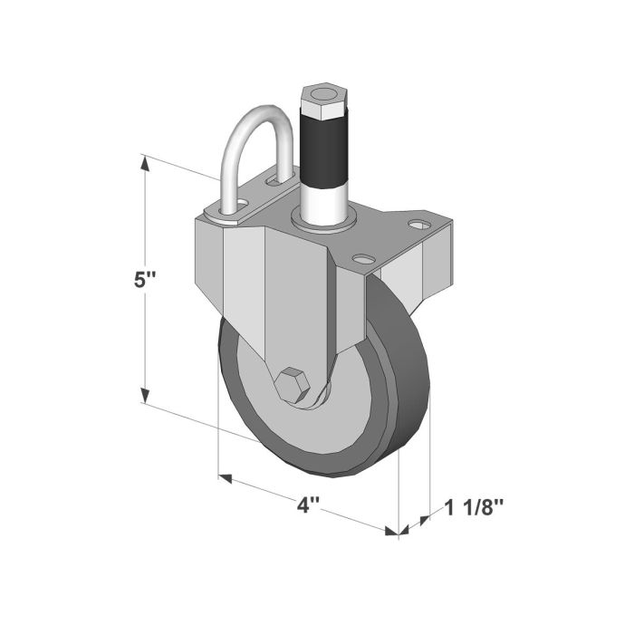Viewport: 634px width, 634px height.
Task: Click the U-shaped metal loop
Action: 256,145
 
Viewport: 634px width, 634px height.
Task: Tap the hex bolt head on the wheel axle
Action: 294,387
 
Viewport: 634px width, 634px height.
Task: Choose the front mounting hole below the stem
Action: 364,259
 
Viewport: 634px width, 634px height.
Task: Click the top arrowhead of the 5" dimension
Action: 143,163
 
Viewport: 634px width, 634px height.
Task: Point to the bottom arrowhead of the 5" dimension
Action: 143,398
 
